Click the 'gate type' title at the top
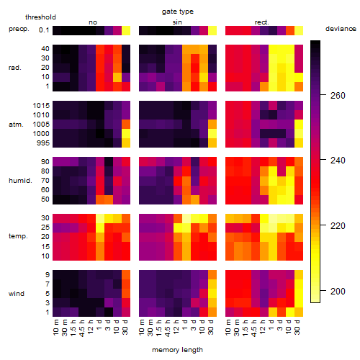click(178, 12)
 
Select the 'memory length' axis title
click(177, 350)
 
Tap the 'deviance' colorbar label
click(341, 29)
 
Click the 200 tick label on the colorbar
click(338, 291)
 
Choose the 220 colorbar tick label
click(338, 225)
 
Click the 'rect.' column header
click(261, 22)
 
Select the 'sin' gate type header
click(177, 22)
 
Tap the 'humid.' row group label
click(20, 181)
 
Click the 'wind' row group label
click(17, 294)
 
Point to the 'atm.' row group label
click(16, 125)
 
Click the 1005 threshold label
click(41, 125)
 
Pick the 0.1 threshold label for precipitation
click(44, 30)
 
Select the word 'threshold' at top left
click(40, 17)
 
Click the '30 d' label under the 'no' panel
click(125, 327)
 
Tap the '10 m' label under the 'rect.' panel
click(229, 327)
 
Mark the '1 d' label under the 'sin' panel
click(186, 325)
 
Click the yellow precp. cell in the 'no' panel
click(126, 30)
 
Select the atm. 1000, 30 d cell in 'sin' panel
click(212, 134)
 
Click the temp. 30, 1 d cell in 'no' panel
click(100, 218)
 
